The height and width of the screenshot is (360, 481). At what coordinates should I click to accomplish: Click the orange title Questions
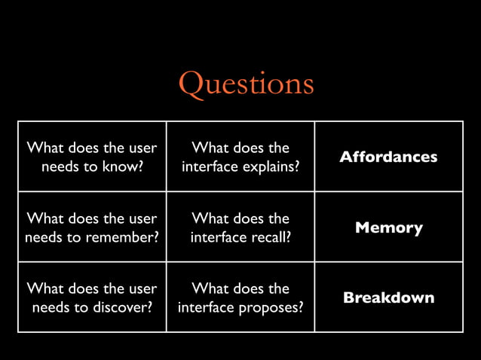pos(246,83)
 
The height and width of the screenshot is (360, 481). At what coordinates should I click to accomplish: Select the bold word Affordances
pos(388,157)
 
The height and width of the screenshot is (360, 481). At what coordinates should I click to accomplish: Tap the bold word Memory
pos(388,227)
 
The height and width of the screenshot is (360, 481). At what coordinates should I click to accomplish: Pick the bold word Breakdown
pos(388,297)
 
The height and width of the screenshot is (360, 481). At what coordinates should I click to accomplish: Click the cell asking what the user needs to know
pos(92,157)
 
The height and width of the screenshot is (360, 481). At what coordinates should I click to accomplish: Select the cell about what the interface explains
pos(240,157)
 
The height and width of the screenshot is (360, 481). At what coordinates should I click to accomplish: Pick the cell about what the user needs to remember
pos(92,227)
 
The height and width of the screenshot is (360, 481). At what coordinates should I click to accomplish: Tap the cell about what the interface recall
pos(240,227)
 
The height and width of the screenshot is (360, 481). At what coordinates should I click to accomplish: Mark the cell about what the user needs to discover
pos(92,297)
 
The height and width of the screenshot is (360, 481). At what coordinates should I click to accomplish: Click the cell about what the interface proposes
pos(240,297)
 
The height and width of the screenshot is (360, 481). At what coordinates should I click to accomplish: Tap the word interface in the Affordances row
pos(210,166)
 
